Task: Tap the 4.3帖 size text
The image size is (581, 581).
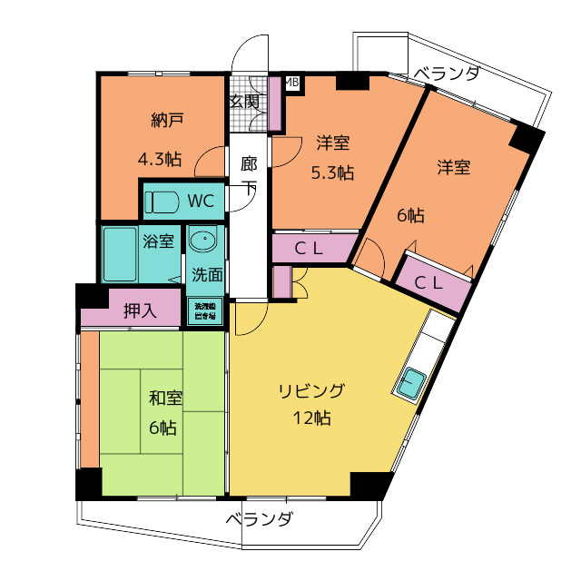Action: click(x=159, y=160)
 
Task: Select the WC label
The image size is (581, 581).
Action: click(x=201, y=200)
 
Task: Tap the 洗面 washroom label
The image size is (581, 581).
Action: click(x=206, y=274)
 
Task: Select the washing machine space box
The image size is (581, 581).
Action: click(x=204, y=311)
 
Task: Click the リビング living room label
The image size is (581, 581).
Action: click(x=310, y=391)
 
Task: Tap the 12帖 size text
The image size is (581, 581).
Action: click(x=311, y=419)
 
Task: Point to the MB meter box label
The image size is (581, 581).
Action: click(x=292, y=83)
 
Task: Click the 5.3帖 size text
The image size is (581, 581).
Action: click(x=333, y=172)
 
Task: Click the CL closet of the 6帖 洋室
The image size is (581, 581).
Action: click(x=432, y=282)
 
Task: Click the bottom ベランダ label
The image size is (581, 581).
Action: click(x=259, y=520)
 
